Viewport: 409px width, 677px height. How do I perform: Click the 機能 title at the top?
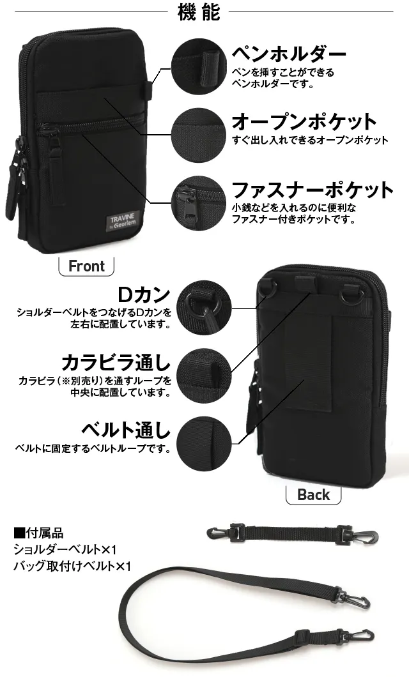pyautogui.click(x=199, y=13)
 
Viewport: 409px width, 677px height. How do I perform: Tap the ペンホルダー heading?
pyautogui.click(x=289, y=54)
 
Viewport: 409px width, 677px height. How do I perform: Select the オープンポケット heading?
pyautogui.click(x=304, y=122)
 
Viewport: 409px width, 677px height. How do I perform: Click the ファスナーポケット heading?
pyautogui.click(x=313, y=190)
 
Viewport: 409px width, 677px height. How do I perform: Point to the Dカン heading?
pyautogui.click(x=144, y=295)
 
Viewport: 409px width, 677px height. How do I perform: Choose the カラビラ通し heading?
pyautogui.click(x=116, y=363)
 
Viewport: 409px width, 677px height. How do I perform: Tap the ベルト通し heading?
pyautogui.click(x=126, y=430)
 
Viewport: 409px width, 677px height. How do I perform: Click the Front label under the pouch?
pyautogui.click(x=86, y=266)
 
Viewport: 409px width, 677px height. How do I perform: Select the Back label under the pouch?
pyautogui.click(x=314, y=494)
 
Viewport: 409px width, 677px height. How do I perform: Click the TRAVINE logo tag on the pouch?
pyautogui.click(x=123, y=221)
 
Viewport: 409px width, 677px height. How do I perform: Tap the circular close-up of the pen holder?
pyautogui.click(x=199, y=67)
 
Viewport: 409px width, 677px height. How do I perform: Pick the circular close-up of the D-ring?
pyautogui.click(x=204, y=307)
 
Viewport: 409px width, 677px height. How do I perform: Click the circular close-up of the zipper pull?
pyautogui.click(x=199, y=203)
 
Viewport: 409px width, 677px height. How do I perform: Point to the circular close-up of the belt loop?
pyautogui.click(x=204, y=444)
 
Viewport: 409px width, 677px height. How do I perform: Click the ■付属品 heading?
pyautogui.click(x=38, y=533)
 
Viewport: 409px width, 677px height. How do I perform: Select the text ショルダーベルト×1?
pyautogui.click(x=65, y=550)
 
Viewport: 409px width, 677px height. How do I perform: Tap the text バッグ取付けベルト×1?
pyautogui.click(x=72, y=566)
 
